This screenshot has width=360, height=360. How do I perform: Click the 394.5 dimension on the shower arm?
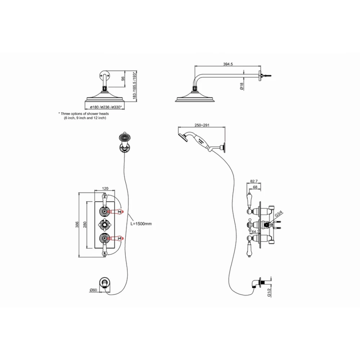pos(228,64)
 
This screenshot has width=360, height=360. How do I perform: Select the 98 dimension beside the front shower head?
pos(123,78)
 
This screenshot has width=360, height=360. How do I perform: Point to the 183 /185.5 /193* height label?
pos(134,86)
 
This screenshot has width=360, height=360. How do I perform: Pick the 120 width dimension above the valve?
pos(105,188)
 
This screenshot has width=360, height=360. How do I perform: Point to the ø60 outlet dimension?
pos(93,290)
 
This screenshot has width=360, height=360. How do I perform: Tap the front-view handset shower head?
pos(124,138)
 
